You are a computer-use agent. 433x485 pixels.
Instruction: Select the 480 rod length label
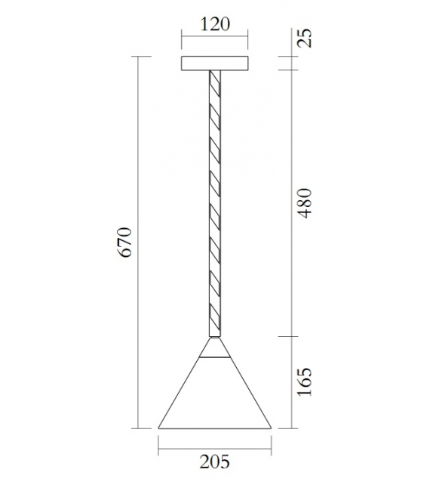pyautogui.click(x=303, y=202)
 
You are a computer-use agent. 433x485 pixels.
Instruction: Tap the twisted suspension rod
pyautogui.click(x=215, y=196)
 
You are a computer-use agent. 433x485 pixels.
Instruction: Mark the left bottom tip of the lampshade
pyautogui.click(x=160, y=428)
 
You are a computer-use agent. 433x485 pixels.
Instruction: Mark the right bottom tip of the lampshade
pyautogui.click(x=271, y=428)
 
